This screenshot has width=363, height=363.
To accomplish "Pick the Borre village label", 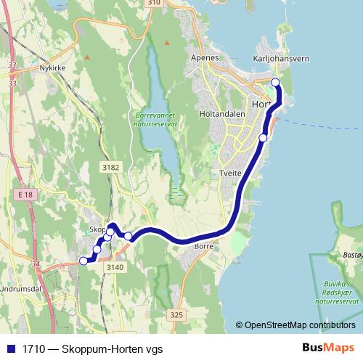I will point(203,247).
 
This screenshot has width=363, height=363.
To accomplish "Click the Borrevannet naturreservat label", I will point(156,120).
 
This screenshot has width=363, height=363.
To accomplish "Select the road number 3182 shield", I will point(111,168).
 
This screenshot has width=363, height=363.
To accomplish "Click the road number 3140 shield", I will point(115,267).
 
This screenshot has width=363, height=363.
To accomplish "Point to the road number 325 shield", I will point(176,314).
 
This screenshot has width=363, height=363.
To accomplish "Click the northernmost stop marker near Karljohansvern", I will point(275,82).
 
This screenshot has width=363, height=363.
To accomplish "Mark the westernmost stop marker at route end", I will point(83,261).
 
